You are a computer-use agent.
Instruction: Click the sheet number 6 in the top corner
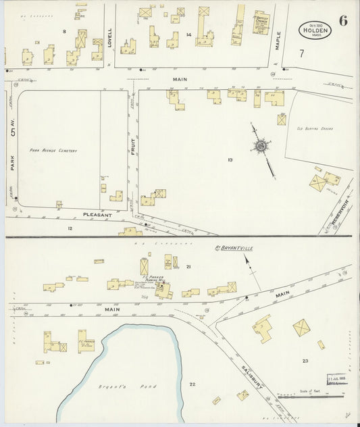click(344, 20)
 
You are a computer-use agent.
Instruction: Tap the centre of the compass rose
click(260, 145)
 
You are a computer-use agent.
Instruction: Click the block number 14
click(189, 34)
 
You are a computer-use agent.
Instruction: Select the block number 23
click(305, 361)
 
